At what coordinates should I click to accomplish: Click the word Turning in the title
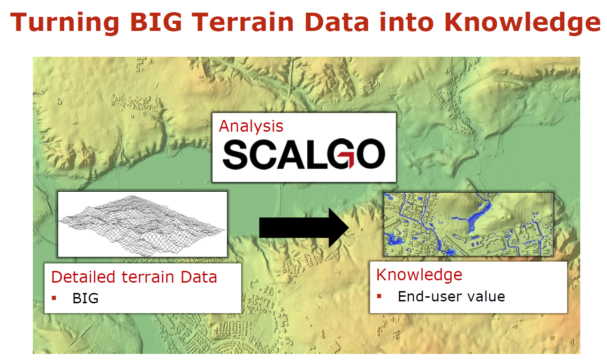64,23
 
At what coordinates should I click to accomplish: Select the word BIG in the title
156,22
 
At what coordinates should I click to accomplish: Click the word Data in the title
336,22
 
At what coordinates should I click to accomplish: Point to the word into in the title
407,22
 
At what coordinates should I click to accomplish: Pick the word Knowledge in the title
523,23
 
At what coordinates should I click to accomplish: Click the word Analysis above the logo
251,127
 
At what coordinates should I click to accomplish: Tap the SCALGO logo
304,154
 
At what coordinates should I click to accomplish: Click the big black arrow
304,228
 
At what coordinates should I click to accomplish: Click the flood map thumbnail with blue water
469,224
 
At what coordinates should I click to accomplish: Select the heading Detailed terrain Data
134,277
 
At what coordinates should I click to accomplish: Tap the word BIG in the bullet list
85,298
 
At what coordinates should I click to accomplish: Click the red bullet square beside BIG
54,298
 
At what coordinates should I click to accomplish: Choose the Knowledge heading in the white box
419,276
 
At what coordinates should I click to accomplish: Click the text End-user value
451,297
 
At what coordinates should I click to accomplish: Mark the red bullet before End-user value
379,296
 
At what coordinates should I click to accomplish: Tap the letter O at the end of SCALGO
370,154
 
